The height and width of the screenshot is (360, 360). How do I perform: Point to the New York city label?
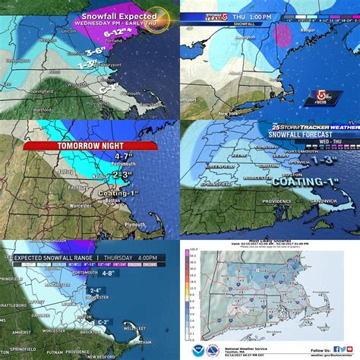click(238, 111)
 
